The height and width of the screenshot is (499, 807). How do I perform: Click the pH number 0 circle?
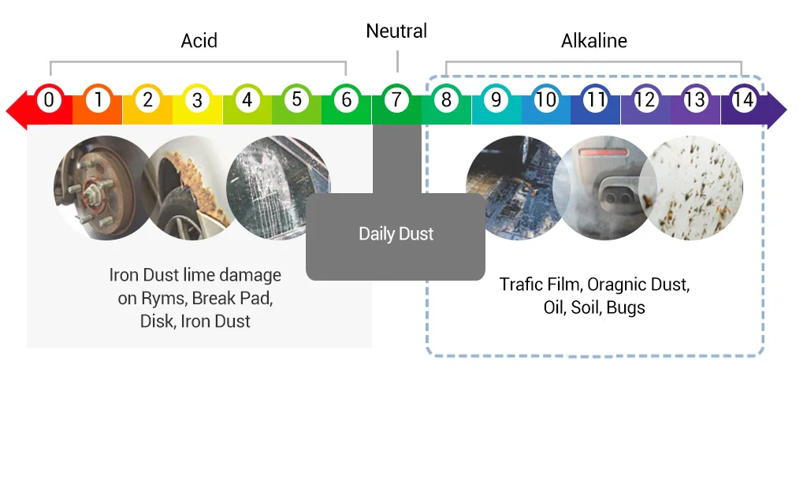(48, 99)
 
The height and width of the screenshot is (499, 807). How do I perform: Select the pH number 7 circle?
(396, 99)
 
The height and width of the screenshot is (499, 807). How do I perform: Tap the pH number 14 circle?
(744, 99)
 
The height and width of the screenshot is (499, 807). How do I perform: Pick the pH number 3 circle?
(197, 99)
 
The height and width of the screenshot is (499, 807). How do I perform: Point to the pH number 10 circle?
(545, 99)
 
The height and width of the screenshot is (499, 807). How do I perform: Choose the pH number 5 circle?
(296, 99)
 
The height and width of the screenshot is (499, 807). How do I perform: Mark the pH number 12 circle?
(645, 99)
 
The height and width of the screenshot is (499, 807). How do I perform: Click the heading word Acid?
(199, 41)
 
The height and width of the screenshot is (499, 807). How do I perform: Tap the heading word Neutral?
(396, 31)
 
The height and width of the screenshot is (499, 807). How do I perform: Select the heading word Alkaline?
(594, 41)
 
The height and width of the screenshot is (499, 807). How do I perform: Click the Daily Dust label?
(396, 234)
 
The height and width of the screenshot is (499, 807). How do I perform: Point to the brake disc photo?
(103, 188)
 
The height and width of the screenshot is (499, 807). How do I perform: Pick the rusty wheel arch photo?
(191, 188)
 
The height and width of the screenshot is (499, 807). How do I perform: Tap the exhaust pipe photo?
(604, 188)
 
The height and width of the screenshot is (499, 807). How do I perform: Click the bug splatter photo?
(691, 188)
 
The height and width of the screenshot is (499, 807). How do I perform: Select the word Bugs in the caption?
(625, 307)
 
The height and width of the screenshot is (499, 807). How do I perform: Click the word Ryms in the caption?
(164, 298)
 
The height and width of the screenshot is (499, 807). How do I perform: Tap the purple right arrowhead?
(776, 110)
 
